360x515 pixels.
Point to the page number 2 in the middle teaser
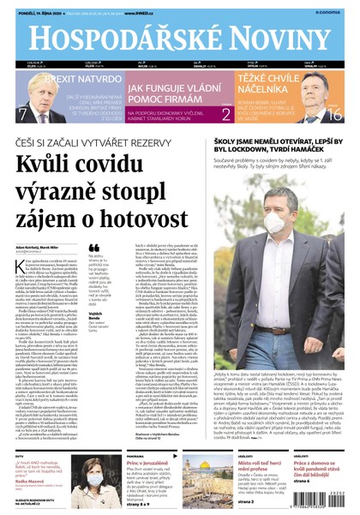tap(225, 113)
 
